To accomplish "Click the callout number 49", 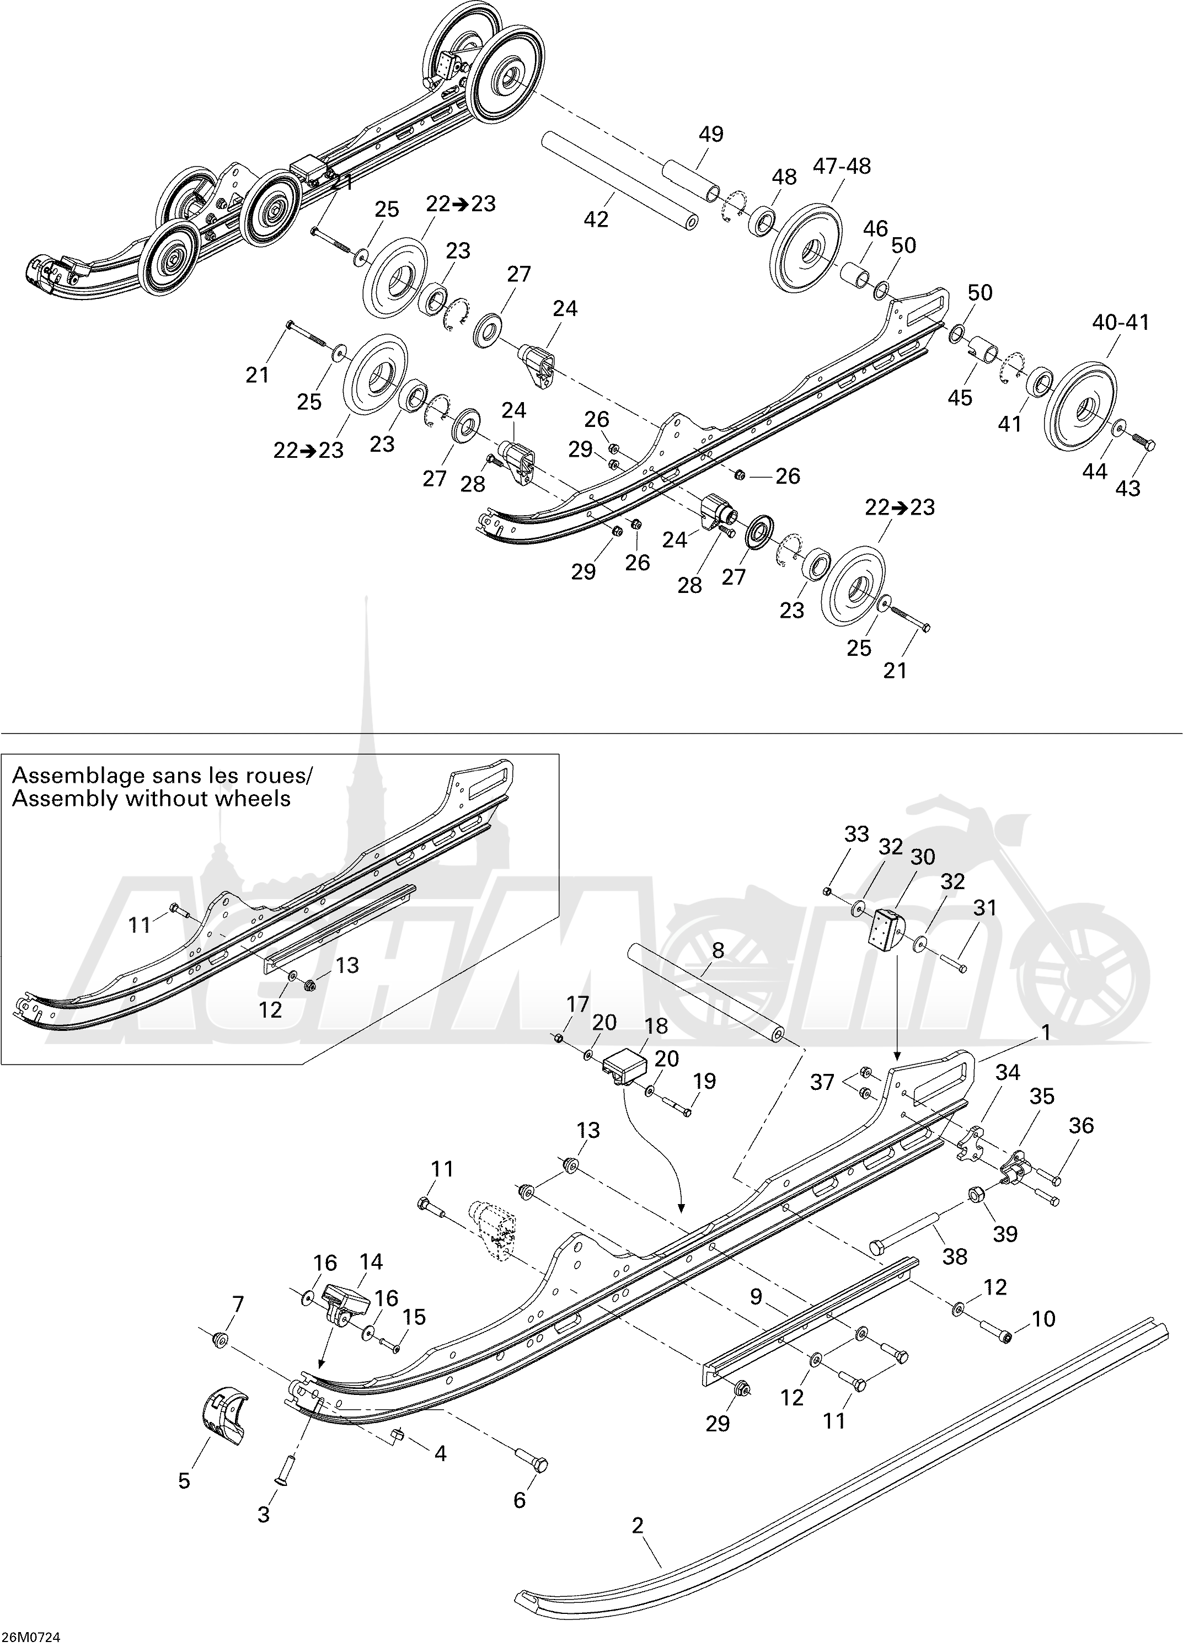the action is point(711,135).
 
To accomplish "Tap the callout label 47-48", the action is point(842,166).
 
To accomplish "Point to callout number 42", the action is point(596,218).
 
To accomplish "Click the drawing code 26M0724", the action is point(30,1638).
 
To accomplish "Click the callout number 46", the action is point(875,229).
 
